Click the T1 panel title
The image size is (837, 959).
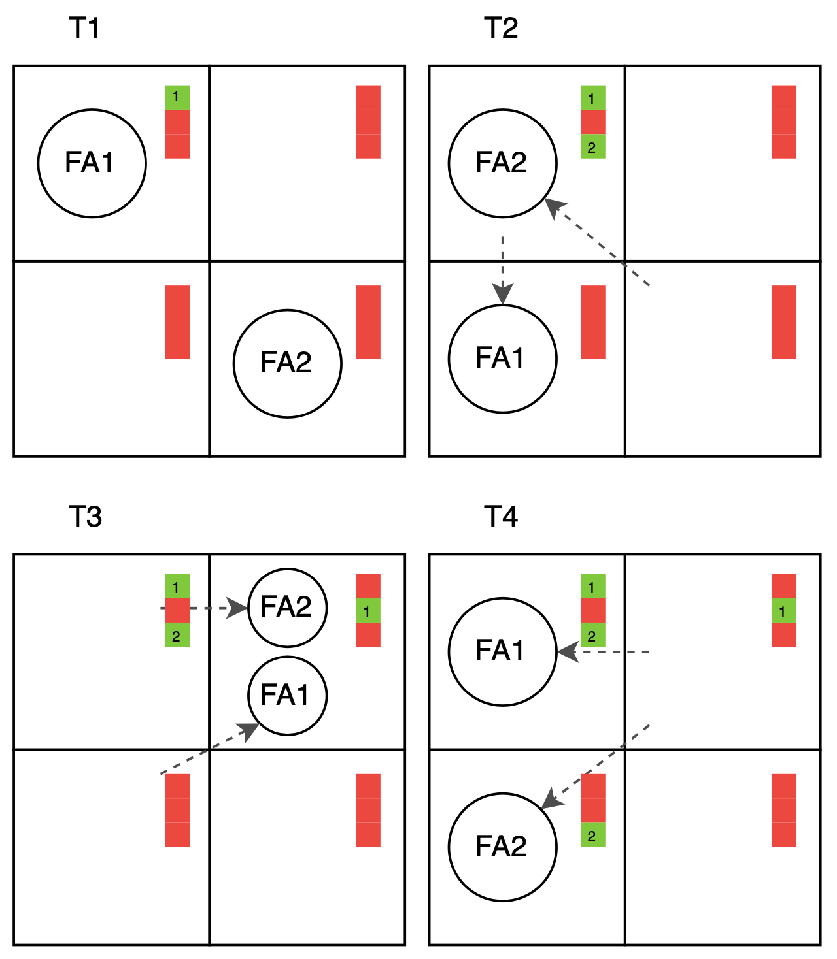(x=84, y=29)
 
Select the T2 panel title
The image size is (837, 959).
(x=501, y=29)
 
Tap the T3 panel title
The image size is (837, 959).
(x=85, y=517)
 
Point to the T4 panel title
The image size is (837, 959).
(x=501, y=517)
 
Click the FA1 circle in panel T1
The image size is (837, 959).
(x=92, y=163)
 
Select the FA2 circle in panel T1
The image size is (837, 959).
(x=287, y=363)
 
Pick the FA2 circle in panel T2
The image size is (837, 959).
(x=502, y=163)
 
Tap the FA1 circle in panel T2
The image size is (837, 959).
(x=502, y=359)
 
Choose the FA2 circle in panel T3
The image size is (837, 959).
(x=287, y=608)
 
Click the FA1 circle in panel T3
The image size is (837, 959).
(x=287, y=695)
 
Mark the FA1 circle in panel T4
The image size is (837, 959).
(x=502, y=651)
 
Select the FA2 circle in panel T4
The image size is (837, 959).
(x=502, y=847)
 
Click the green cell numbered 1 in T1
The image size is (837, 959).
(x=177, y=97)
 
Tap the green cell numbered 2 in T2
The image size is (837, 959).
(x=592, y=147)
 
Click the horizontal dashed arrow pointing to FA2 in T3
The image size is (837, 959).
(x=203, y=608)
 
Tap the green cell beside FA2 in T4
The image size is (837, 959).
(x=592, y=836)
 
